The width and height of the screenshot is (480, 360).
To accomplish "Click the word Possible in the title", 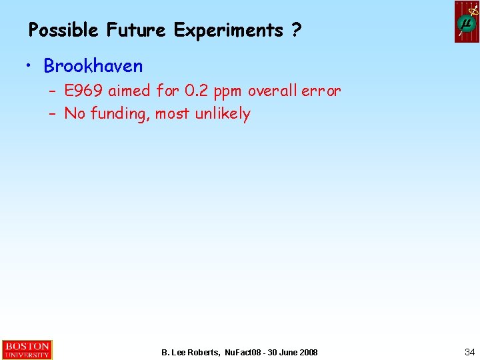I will point(63,30).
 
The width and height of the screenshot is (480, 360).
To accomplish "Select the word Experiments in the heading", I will point(229,31).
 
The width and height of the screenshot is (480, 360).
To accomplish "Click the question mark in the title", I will point(295,30).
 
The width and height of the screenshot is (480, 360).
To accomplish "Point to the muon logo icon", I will point(467,22).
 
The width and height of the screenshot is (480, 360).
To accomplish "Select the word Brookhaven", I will point(93,66).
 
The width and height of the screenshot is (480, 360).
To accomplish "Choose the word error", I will point(321,91).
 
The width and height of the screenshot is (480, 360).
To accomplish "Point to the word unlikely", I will point(223,114).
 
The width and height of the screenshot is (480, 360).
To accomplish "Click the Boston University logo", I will point(27,350).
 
